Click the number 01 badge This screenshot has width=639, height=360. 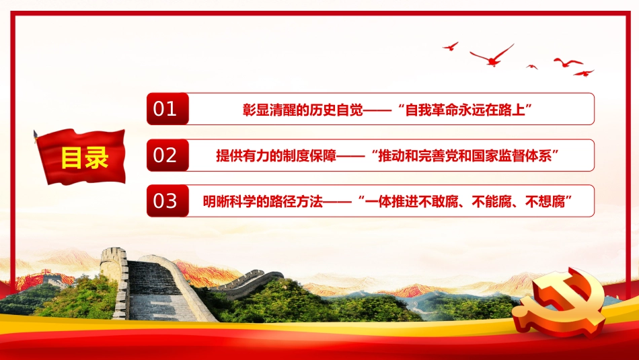pyautogui.click(x=167, y=109)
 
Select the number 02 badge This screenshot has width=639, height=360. pyautogui.click(x=167, y=155)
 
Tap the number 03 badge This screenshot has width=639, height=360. pyautogui.click(x=167, y=201)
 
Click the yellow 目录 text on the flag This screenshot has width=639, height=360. pyautogui.click(x=85, y=157)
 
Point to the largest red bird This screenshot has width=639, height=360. pyautogui.click(x=492, y=56)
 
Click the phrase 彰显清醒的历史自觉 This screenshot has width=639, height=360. pyautogui.click(x=303, y=110)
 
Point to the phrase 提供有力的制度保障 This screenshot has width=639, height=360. pyautogui.click(x=276, y=155)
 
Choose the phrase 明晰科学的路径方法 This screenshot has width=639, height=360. pyautogui.click(x=263, y=201)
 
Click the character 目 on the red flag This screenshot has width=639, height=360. pyautogui.click(x=72, y=157)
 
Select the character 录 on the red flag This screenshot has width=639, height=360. pyautogui.click(x=97, y=157)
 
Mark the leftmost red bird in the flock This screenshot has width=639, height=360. pyautogui.click(x=451, y=46)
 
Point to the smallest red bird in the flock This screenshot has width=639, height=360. pyautogui.click(x=532, y=67)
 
